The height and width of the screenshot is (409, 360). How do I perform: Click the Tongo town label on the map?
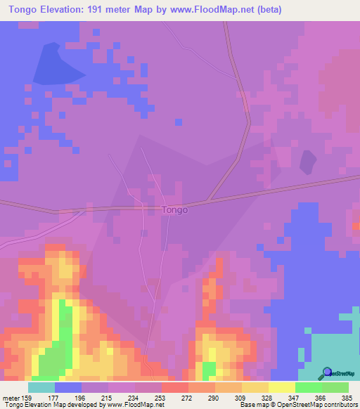point(174,209)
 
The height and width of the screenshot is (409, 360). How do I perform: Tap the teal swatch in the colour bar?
point(41,387)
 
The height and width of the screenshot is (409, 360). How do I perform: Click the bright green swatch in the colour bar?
point(309,387)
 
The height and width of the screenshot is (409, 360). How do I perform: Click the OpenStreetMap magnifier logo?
point(327,372)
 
